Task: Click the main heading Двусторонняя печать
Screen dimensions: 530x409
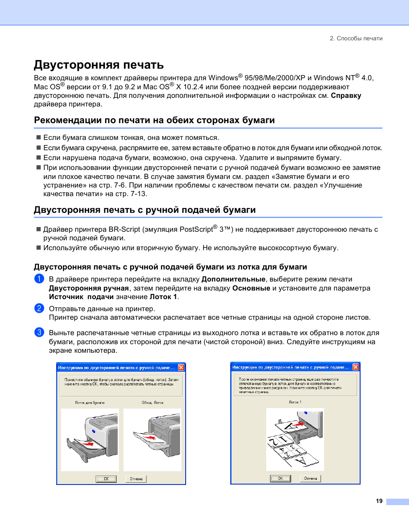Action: [99, 65]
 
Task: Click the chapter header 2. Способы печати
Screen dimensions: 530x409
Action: [356, 39]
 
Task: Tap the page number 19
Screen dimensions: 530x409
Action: [379, 501]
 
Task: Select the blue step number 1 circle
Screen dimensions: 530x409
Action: [39, 279]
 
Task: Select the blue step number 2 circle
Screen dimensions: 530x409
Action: [39, 309]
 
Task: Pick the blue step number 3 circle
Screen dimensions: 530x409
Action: [39, 332]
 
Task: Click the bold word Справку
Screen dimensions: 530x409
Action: [346, 96]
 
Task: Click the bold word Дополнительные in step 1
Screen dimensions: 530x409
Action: [233, 279]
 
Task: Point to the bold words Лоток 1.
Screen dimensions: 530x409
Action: [163, 297]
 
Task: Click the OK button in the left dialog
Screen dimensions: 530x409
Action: [106, 479]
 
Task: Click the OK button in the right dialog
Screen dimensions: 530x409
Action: [280, 479]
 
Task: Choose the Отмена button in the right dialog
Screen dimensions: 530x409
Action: [310, 479]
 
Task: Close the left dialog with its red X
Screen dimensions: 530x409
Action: [181, 367]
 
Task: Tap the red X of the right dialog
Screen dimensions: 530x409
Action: [356, 367]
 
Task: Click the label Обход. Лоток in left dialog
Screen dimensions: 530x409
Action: [153, 403]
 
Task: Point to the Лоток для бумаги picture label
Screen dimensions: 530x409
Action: [90, 403]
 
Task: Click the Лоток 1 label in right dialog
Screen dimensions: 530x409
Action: [295, 402]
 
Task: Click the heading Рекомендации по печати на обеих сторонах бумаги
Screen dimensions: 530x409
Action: [154, 120]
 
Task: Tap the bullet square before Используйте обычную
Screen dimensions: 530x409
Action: [39, 248]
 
